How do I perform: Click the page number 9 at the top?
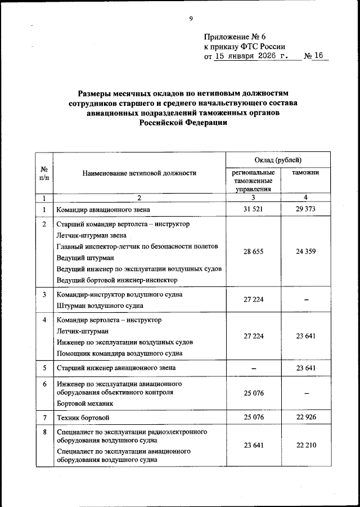[x=191, y=19]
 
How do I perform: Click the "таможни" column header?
[x=305, y=173]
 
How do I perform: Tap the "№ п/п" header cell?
[x=44, y=173]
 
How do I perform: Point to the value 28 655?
[x=253, y=252]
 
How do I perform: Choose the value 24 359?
[x=305, y=252]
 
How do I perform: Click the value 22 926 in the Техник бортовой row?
[x=305, y=417]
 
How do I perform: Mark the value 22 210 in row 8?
[x=305, y=445]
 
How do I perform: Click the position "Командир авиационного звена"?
[x=103, y=210]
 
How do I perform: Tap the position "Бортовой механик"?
[x=85, y=403]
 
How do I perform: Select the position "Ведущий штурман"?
[x=85, y=257]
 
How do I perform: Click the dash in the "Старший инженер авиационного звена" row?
[x=253, y=368]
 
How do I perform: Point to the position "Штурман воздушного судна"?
[x=100, y=306]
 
